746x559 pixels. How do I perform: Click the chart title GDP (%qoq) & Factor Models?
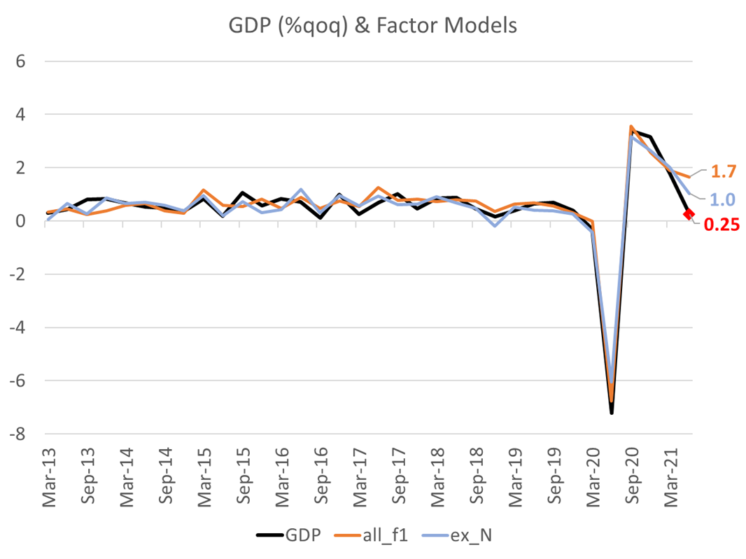click(x=372, y=26)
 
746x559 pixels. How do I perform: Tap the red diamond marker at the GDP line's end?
click(x=689, y=214)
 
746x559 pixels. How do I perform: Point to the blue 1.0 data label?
click(x=722, y=199)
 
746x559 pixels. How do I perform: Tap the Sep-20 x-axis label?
click(x=632, y=482)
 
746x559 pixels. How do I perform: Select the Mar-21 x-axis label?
click(x=671, y=482)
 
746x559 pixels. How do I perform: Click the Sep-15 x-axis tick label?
click(x=243, y=482)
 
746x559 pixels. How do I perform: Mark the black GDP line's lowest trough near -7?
click(x=612, y=413)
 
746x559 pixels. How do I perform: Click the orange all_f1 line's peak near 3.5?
click(x=631, y=127)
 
